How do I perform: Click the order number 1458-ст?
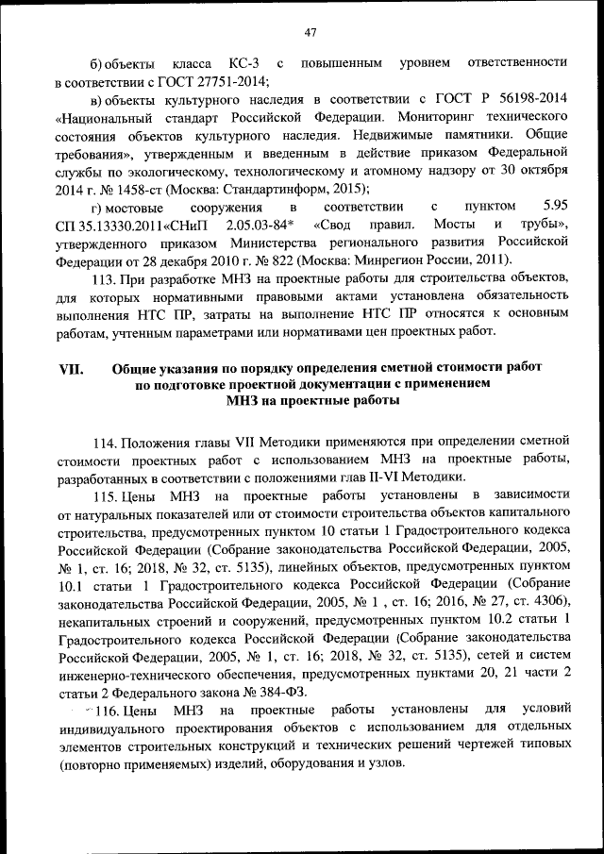coord(125,189)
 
